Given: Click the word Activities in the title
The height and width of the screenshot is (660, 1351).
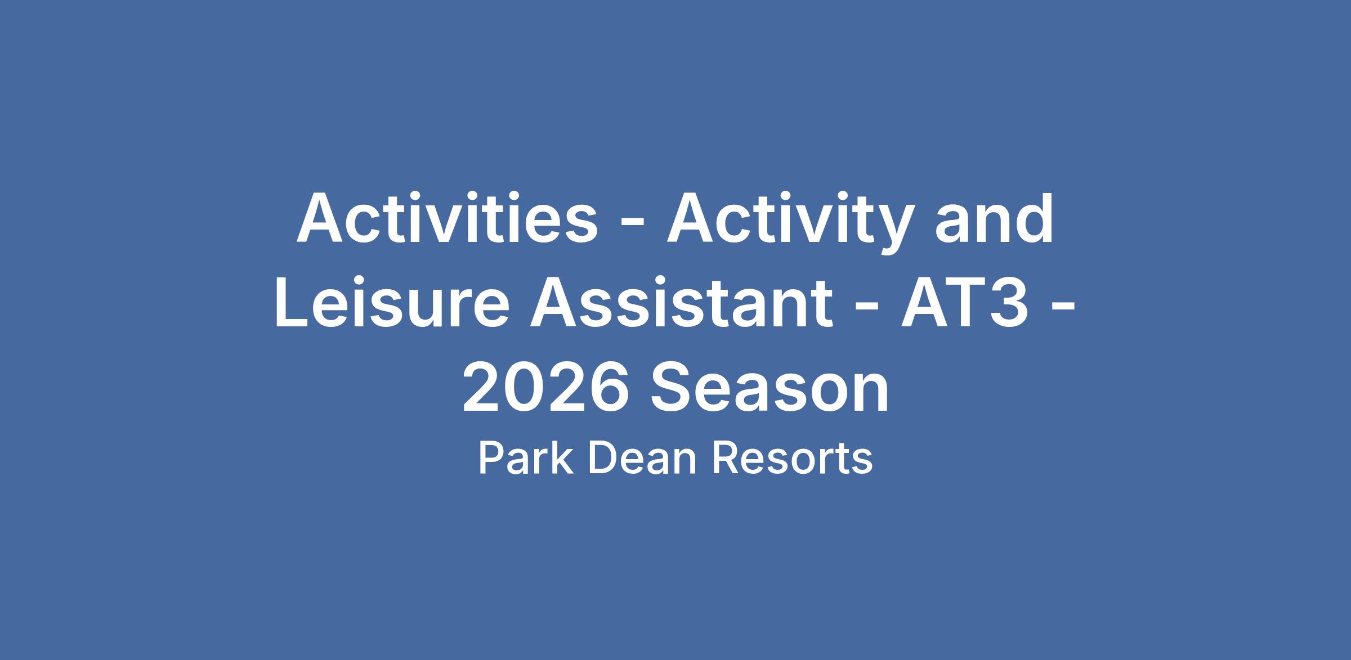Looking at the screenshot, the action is click(447, 218).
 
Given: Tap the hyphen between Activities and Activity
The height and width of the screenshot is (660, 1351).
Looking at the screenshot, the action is click(632, 225).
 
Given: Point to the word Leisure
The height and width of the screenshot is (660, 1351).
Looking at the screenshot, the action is click(392, 303).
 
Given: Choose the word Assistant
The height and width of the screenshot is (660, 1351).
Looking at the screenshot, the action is click(681, 303).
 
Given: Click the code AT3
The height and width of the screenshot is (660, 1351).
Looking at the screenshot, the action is click(965, 303).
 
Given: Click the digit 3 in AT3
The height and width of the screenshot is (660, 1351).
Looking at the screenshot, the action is click(1008, 303).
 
